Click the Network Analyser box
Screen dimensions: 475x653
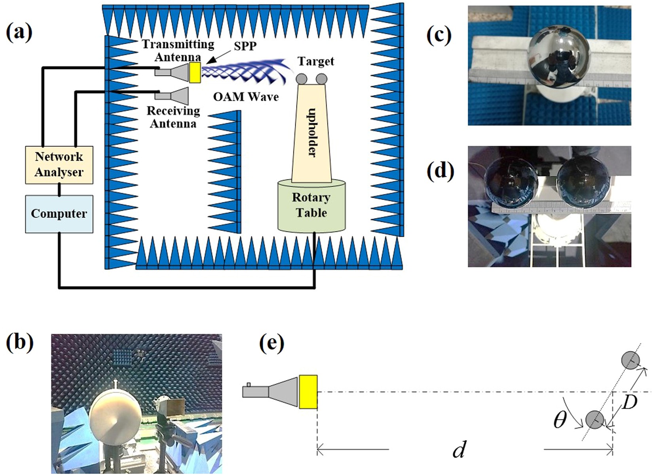[x=59, y=165]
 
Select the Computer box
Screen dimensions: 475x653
[x=59, y=214]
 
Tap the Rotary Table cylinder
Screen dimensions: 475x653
[x=311, y=205]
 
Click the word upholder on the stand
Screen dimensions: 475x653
[x=312, y=132]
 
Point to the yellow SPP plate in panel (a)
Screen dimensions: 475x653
[x=195, y=72]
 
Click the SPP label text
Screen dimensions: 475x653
[x=245, y=46]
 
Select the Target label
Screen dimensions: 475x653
[x=315, y=61]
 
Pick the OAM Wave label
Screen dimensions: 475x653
[x=246, y=97]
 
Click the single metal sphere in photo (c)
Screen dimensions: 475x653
[x=560, y=59]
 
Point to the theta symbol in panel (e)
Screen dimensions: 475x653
[x=560, y=420]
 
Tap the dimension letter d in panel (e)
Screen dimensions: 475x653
[x=459, y=449]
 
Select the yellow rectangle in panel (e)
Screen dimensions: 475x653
[x=308, y=392]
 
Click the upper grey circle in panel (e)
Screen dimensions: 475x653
[x=630, y=360]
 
